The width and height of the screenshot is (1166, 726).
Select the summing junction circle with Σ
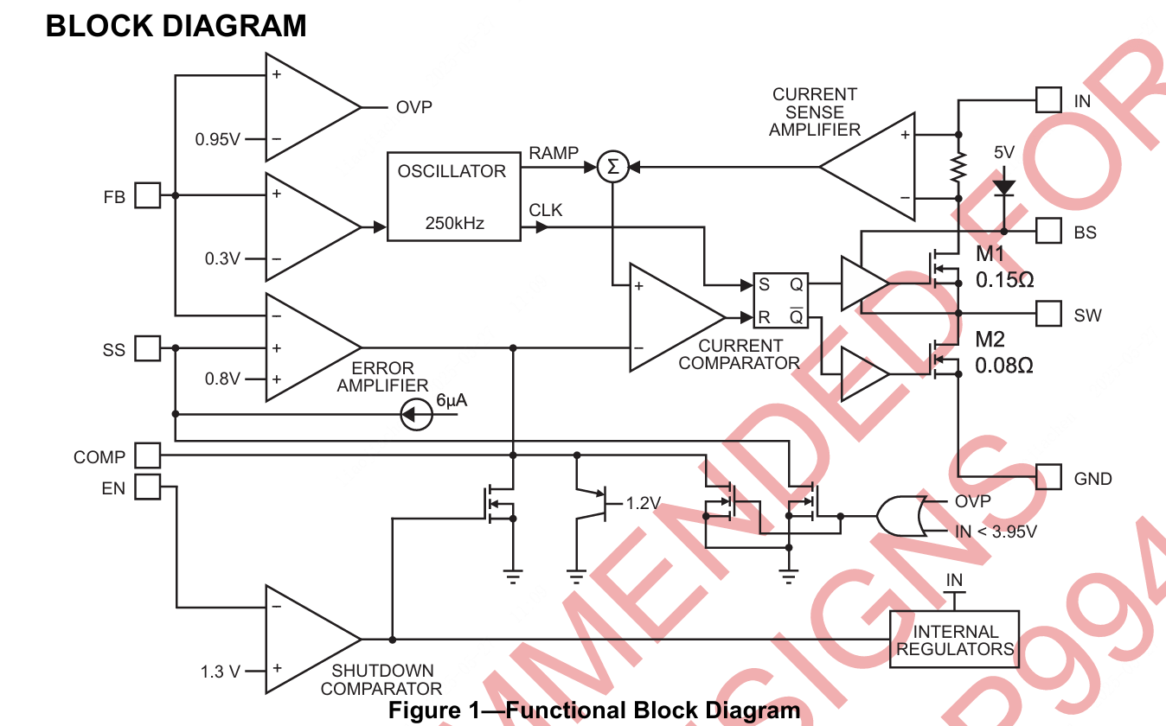click(612, 167)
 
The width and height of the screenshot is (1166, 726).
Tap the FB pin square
click(148, 196)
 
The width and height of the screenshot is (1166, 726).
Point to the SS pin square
click(148, 349)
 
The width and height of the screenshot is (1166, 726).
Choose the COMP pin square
click(148, 455)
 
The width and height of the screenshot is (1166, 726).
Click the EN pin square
click(148, 487)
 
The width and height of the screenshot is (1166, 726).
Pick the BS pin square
click(1049, 231)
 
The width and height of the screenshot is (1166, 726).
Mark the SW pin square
click(1049, 313)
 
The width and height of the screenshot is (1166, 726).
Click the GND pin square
click(1049, 477)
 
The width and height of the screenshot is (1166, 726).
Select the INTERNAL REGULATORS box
click(954, 640)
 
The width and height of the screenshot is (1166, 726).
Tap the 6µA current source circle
click(417, 415)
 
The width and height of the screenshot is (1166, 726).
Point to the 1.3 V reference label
click(220, 672)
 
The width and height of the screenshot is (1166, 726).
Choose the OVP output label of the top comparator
click(413, 108)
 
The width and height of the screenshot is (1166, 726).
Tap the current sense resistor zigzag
click(958, 168)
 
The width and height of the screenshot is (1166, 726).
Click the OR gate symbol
click(900, 516)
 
